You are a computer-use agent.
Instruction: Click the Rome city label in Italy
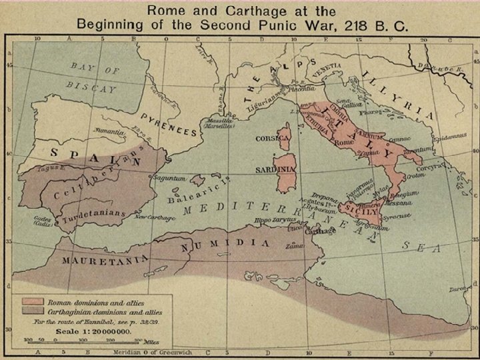[343, 142]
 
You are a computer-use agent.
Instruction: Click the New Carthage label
[155, 217]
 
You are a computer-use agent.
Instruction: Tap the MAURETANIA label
[103, 260]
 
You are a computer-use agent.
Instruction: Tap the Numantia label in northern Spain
[109, 132]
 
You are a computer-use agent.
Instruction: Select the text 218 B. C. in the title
[370, 25]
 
